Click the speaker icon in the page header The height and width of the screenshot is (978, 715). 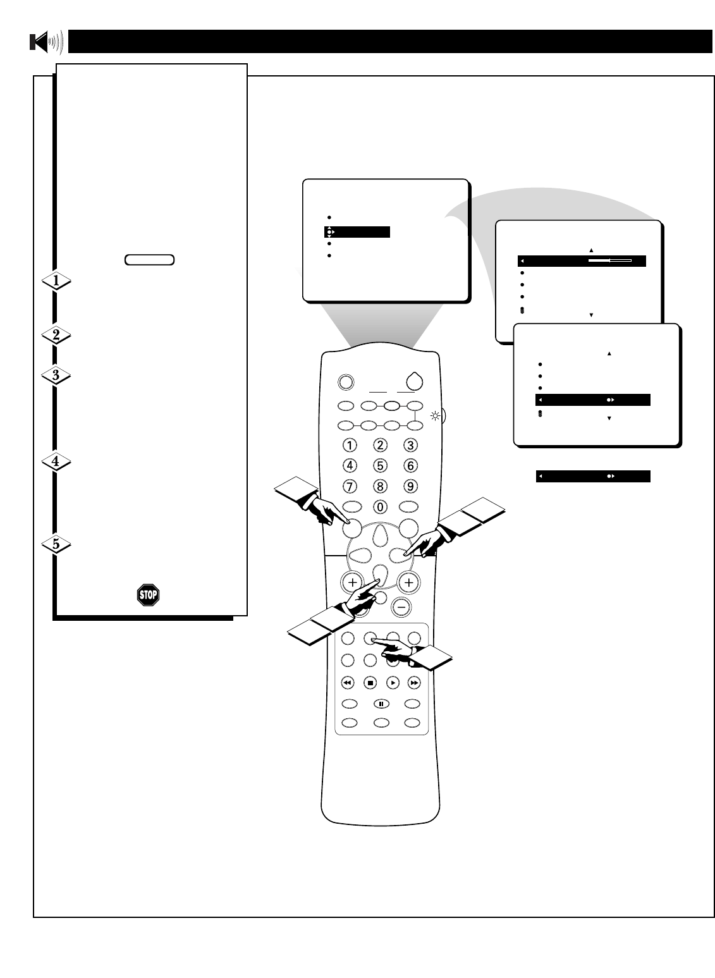point(46,42)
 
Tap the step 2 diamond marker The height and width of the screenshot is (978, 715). point(56,336)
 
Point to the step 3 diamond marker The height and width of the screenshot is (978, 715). point(56,376)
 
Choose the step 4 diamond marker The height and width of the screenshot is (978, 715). point(56,462)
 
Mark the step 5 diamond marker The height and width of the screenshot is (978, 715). point(56,544)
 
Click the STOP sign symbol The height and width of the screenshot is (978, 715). point(148,594)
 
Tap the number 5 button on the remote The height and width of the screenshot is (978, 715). point(380,466)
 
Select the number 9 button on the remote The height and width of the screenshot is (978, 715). point(410,487)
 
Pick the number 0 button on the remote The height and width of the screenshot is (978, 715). point(380,506)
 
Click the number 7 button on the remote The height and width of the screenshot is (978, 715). point(350,487)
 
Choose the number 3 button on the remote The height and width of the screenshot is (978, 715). point(410,445)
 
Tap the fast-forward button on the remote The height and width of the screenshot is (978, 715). point(413,683)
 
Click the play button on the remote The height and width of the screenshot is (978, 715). point(392,683)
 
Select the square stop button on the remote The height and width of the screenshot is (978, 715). point(370,683)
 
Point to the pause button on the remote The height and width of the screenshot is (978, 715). point(380,703)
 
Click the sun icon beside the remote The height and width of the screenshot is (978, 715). point(435,416)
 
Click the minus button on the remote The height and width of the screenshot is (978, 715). point(400,606)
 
